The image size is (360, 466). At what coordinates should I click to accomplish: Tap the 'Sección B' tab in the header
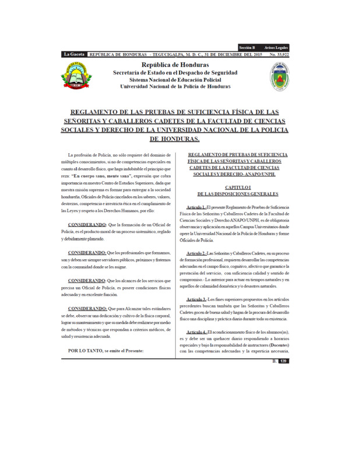point(247,48)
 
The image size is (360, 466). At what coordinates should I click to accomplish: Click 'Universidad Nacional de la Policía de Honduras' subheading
point(175,86)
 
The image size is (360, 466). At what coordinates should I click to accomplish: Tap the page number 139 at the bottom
point(284,362)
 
